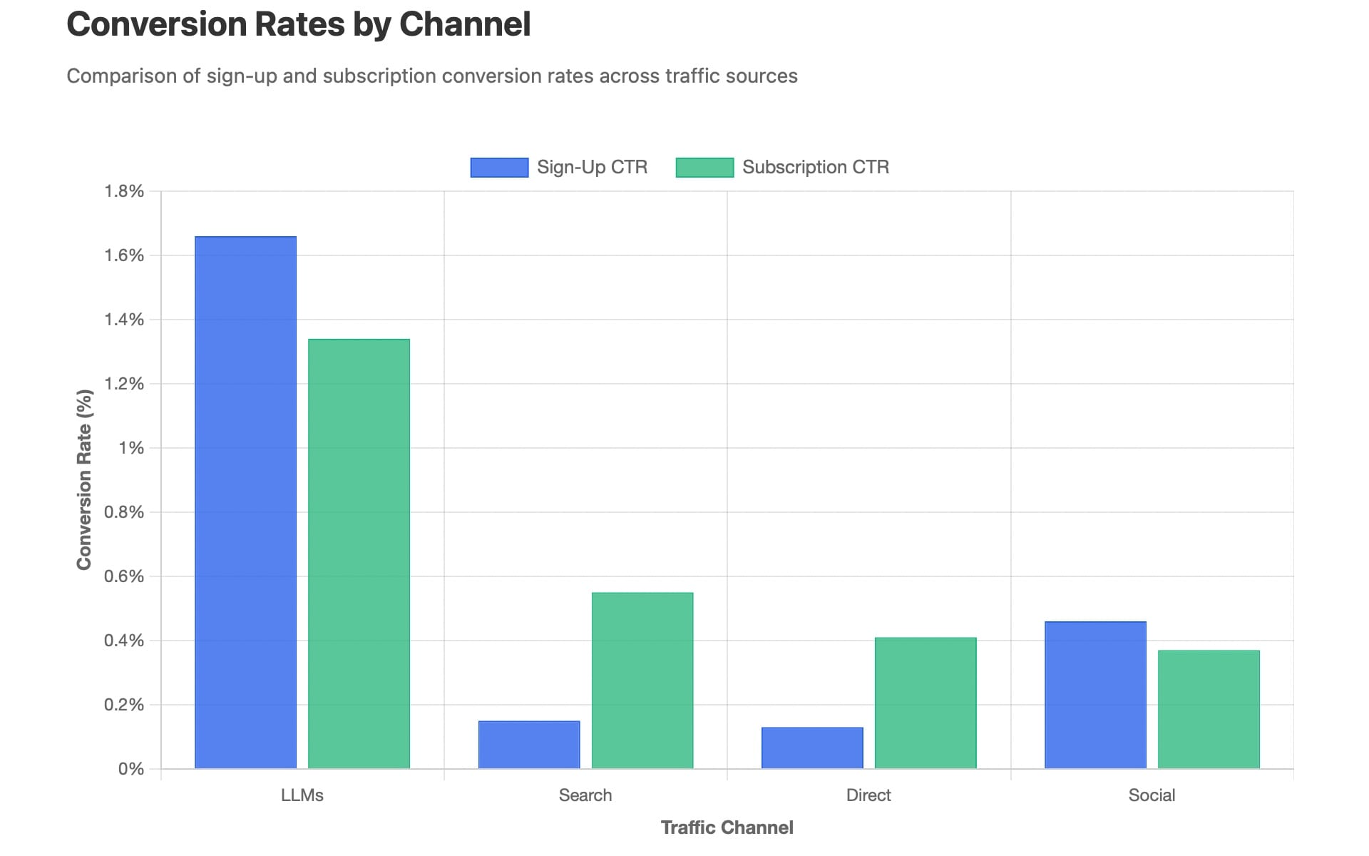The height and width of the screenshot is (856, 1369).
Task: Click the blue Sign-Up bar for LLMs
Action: pos(245,502)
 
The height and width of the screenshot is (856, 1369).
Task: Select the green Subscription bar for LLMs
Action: pos(359,554)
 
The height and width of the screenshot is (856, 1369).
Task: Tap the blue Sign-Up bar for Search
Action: pos(529,745)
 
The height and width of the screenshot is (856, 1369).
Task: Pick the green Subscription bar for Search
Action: pos(642,681)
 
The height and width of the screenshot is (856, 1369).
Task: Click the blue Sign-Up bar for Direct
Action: pos(812,748)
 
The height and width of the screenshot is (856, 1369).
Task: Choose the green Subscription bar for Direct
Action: pos(926,703)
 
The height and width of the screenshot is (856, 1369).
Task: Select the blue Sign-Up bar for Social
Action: pos(1095,695)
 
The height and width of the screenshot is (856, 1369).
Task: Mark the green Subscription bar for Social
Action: pos(1209,709)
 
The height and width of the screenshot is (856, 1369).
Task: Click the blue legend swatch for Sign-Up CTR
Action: pos(499,168)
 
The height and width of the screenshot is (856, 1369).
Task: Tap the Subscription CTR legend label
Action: pos(815,167)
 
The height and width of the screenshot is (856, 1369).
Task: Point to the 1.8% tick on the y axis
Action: pos(124,191)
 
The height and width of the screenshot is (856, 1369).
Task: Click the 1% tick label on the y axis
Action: pos(131,448)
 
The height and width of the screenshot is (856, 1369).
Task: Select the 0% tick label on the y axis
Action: pos(131,769)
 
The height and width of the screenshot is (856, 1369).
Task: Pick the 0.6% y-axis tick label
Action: pos(124,576)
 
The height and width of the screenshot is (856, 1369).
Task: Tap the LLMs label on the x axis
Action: pos(302,795)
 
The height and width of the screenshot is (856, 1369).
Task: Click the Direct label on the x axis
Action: pos(868,795)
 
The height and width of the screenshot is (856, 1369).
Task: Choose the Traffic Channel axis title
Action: pos(727,827)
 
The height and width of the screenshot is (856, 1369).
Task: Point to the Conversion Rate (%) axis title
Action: pos(84,479)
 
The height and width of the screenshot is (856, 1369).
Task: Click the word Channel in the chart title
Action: pos(464,24)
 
